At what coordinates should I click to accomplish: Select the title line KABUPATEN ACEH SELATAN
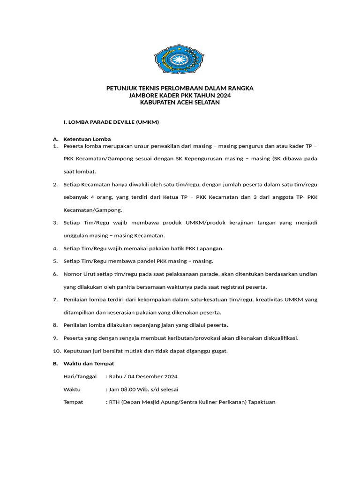click(x=180, y=102)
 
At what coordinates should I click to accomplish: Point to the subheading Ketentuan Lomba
click(x=87, y=139)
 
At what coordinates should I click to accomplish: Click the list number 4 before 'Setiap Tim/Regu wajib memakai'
click(x=55, y=248)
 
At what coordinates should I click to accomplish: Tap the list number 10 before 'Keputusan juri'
click(x=56, y=351)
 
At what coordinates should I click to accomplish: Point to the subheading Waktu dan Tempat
click(x=89, y=363)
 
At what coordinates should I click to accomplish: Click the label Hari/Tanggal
click(x=80, y=376)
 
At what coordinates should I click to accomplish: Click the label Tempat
click(x=73, y=402)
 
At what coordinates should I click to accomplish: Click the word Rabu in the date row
click(x=116, y=376)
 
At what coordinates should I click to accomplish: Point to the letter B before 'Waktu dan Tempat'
click(x=55, y=363)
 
